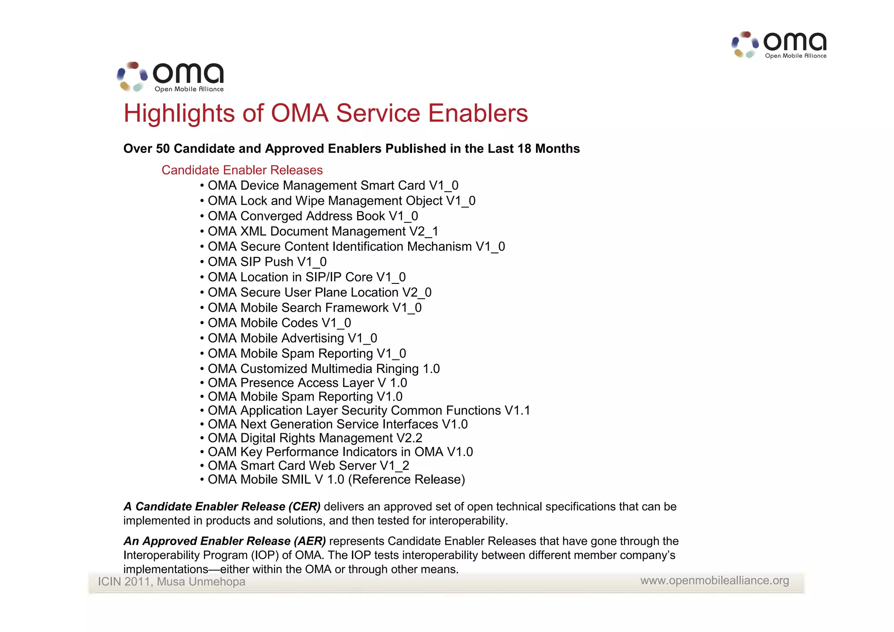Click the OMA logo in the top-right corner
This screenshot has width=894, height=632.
coord(779,45)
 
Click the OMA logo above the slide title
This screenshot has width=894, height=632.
coord(171,77)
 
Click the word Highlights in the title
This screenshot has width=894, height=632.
coord(179,113)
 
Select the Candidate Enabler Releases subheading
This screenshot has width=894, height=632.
coord(242,170)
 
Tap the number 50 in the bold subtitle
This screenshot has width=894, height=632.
coord(163,149)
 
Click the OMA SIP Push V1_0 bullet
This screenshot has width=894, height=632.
coord(267,262)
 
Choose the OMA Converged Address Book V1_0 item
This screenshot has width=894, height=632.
coord(313,216)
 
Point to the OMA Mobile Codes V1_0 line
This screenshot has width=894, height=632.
coord(279,323)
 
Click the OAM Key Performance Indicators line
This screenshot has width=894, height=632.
coord(340,452)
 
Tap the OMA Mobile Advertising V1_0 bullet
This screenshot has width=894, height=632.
coord(292,338)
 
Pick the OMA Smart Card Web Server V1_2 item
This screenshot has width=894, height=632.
coord(308,466)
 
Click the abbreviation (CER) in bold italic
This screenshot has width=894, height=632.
coord(304,507)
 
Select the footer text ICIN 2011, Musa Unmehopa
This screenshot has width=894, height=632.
coord(171,582)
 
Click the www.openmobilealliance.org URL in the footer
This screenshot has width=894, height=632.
coord(714,580)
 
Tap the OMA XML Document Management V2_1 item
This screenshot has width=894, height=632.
coord(323,231)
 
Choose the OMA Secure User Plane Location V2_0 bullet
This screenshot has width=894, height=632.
coord(319,292)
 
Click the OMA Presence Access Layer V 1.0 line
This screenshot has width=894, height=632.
coord(307,383)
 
